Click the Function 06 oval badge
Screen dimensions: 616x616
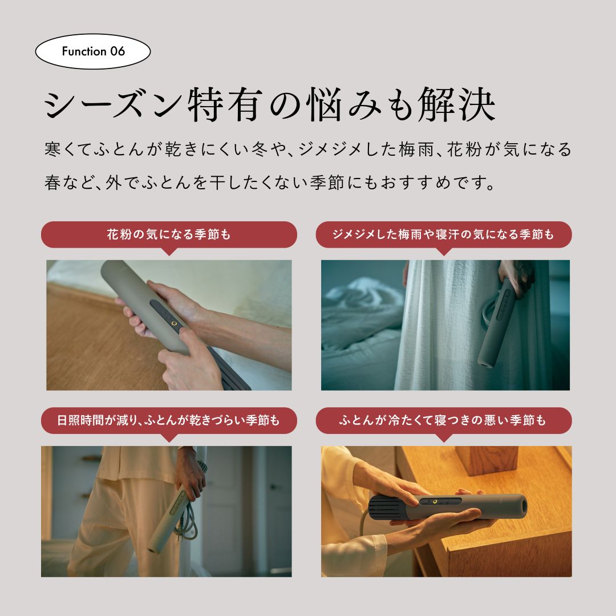point(93,51)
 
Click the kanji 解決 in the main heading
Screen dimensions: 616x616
point(456,105)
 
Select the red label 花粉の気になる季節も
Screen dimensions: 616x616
point(169,235)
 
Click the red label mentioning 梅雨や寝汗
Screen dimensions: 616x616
point(444,235)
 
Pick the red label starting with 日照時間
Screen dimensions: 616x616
point(169,421)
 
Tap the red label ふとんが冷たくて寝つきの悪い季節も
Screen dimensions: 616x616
point(444,421)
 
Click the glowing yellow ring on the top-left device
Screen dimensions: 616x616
point(174,324)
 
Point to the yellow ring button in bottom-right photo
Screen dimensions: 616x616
point(435,502)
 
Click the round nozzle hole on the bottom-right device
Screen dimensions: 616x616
point(522,506)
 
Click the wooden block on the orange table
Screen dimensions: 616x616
point(487,460)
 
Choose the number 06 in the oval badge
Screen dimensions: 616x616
point(117,51)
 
